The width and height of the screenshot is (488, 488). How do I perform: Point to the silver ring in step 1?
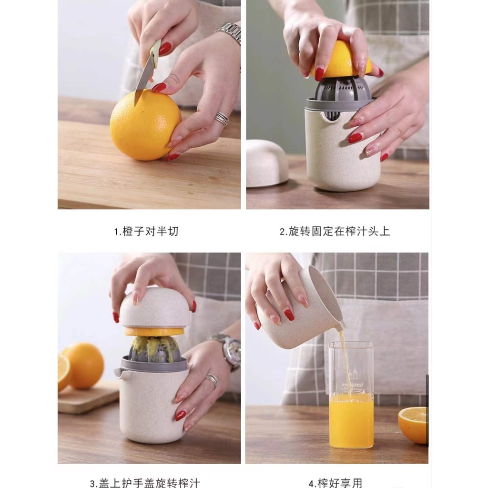point(221,118)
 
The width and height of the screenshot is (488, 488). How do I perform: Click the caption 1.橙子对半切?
point(146,232)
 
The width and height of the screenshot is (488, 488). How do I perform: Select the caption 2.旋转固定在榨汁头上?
point(335,232)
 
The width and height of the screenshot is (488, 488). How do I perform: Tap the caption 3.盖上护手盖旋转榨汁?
point(145,482)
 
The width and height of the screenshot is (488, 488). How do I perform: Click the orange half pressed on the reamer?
point(340,60)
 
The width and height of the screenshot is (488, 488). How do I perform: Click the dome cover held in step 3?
point(154,307)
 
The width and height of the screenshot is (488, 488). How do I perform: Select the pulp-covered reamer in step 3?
point(155,349)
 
